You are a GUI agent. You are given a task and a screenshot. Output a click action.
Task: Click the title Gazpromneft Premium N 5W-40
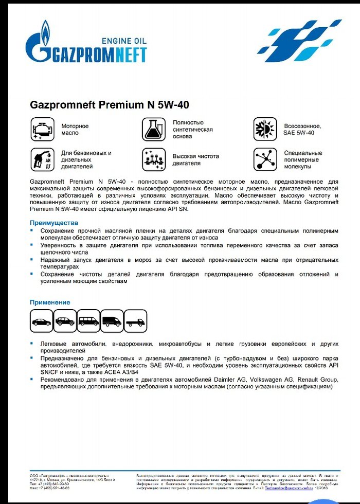tap(110, 105)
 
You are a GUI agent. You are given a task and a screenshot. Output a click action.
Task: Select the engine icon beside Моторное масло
tap(42, 129)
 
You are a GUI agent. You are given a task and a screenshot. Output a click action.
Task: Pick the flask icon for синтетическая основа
tap(153, 129)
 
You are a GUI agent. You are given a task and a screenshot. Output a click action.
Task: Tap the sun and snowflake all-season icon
tap(265, 129)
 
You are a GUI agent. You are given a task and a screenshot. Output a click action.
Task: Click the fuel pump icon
tap(42, 159)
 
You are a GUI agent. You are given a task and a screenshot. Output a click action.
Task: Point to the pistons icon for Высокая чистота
tap(153, 159)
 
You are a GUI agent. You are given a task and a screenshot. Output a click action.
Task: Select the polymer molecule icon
tap(265, 159)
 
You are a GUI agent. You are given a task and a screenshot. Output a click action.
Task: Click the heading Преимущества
tap(53, 223)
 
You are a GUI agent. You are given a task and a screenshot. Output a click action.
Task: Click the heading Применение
tap(50, 302)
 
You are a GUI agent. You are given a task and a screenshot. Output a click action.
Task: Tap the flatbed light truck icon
tap(136, 322)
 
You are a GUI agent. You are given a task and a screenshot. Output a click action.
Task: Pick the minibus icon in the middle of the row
tap(89, 321)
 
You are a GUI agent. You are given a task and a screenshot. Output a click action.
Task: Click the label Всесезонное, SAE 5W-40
tap(302, 129)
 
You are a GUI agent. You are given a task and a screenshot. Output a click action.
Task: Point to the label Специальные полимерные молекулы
tap(303, 160)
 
